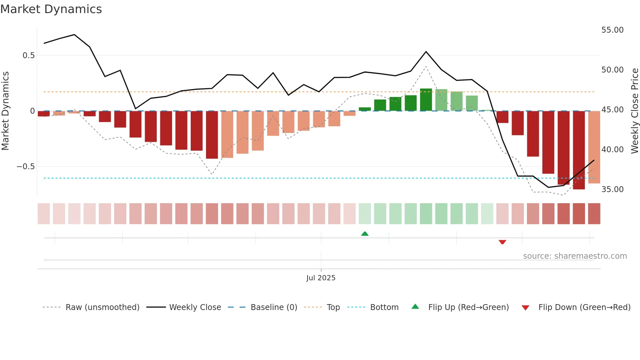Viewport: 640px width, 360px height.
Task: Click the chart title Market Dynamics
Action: pyautogui.click(x=51, y=9)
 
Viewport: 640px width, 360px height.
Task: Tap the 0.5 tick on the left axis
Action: pyautogui.click(x=28, y=56)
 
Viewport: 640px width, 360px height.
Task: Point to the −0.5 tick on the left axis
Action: pyautogui.click(x=25, y=167)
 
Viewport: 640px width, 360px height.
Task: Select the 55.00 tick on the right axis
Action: pyautogui.click(x=612, y=30)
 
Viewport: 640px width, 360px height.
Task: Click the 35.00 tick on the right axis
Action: pyautogui.click(x=612, y=189)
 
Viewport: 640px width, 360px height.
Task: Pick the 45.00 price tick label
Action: pyautogui.click(x=612, y=110)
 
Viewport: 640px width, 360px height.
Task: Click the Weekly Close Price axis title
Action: pyautogui.click(x=634, y=111)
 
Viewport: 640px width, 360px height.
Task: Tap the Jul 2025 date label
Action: pyautogui.click(x=321, y=278)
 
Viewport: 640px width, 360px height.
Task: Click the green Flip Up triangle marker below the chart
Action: pyautogui.click(x=365, y=234)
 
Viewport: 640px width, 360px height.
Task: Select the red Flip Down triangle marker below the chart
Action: pyautogui.click(x=502, y=242)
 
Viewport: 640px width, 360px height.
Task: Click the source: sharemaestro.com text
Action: pyautogui.click(x=575, y=256)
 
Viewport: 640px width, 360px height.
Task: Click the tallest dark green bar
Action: pyautogui.click(x=426, y=100)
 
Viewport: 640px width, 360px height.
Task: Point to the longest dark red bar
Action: pyautogui.click(x=579, y=150)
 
